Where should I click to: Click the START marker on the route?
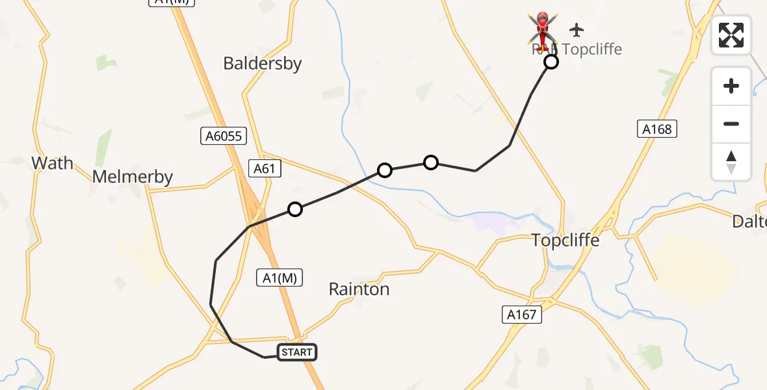coord(298,353)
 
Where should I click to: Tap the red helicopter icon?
coord(543,29)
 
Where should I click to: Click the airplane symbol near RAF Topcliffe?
coord(576,29)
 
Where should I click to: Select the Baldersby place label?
coord(262,63)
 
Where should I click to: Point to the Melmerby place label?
coord(133,177)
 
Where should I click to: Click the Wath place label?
coord(53,162)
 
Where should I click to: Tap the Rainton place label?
coord(359,289)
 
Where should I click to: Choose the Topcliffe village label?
coord(564,240)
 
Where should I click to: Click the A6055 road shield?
coord(223,136)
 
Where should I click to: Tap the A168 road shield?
coord(656,129)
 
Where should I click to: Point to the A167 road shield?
coord(521,315)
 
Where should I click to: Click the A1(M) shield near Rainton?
coord(279,277)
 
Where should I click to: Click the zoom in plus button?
coord(731,86)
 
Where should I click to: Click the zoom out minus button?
coord(731,123)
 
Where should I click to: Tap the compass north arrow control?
coord(731,161)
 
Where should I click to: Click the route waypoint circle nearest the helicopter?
coord(551,62)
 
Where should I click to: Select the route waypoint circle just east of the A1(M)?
coord(295,209)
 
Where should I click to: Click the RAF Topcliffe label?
coord(577,49)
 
